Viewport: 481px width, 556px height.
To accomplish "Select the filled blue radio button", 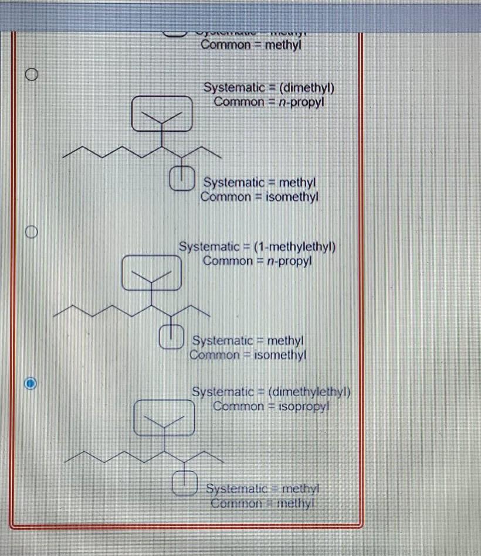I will pyautogui.click(x=32, y=384).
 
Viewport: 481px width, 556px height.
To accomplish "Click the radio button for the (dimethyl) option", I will pyautogui.click(x=32, y=75).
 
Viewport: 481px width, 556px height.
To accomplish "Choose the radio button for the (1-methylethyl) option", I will pyautogui.click(x=32, y=232).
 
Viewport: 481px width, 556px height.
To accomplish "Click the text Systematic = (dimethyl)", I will pyautogui.click(x=269, y=88).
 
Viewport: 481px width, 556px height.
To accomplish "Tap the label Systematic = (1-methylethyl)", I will pyautogui.click(x=257, y=246).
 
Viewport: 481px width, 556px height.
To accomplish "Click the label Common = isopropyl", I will pyautogui.click(x=271, y=406).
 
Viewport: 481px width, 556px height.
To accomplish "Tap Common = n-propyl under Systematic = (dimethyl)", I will pyautogui.click(x=269, y=102).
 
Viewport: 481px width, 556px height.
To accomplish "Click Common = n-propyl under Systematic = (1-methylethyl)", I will pyautogui.click(x=258, y=261).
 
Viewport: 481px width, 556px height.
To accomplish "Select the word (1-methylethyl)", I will pyautogui.click(x=295, y=246).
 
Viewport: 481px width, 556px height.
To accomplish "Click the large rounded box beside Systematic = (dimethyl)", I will pyautogui.click(x=161, y=114).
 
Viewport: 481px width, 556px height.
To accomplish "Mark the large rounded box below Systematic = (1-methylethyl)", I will pyautogui.click(x=152, y=272).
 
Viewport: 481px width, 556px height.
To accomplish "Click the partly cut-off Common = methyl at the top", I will pyautogui.click(x=250, y=45).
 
